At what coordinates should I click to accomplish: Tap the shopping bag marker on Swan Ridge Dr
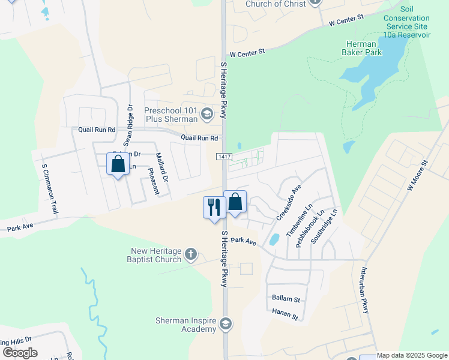[x=118, y=164]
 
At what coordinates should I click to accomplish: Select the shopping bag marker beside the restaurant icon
[x=235, y=202]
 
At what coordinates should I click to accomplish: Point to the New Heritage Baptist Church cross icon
[x=191, y=254]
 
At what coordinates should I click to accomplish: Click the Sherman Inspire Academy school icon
[x=225, y=325]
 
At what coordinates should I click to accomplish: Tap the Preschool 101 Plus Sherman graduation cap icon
[x=207, y=114]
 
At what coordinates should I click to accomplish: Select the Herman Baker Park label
[x=361, y=49]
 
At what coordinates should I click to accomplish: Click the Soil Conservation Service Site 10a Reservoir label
[x=407, y=26]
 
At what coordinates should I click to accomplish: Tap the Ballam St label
[x=285, y=298]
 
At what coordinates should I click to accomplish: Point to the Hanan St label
[x=285, y=314]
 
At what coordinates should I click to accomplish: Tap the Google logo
[x=20, y=353]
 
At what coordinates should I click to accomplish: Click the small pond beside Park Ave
[x=274, y=239]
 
